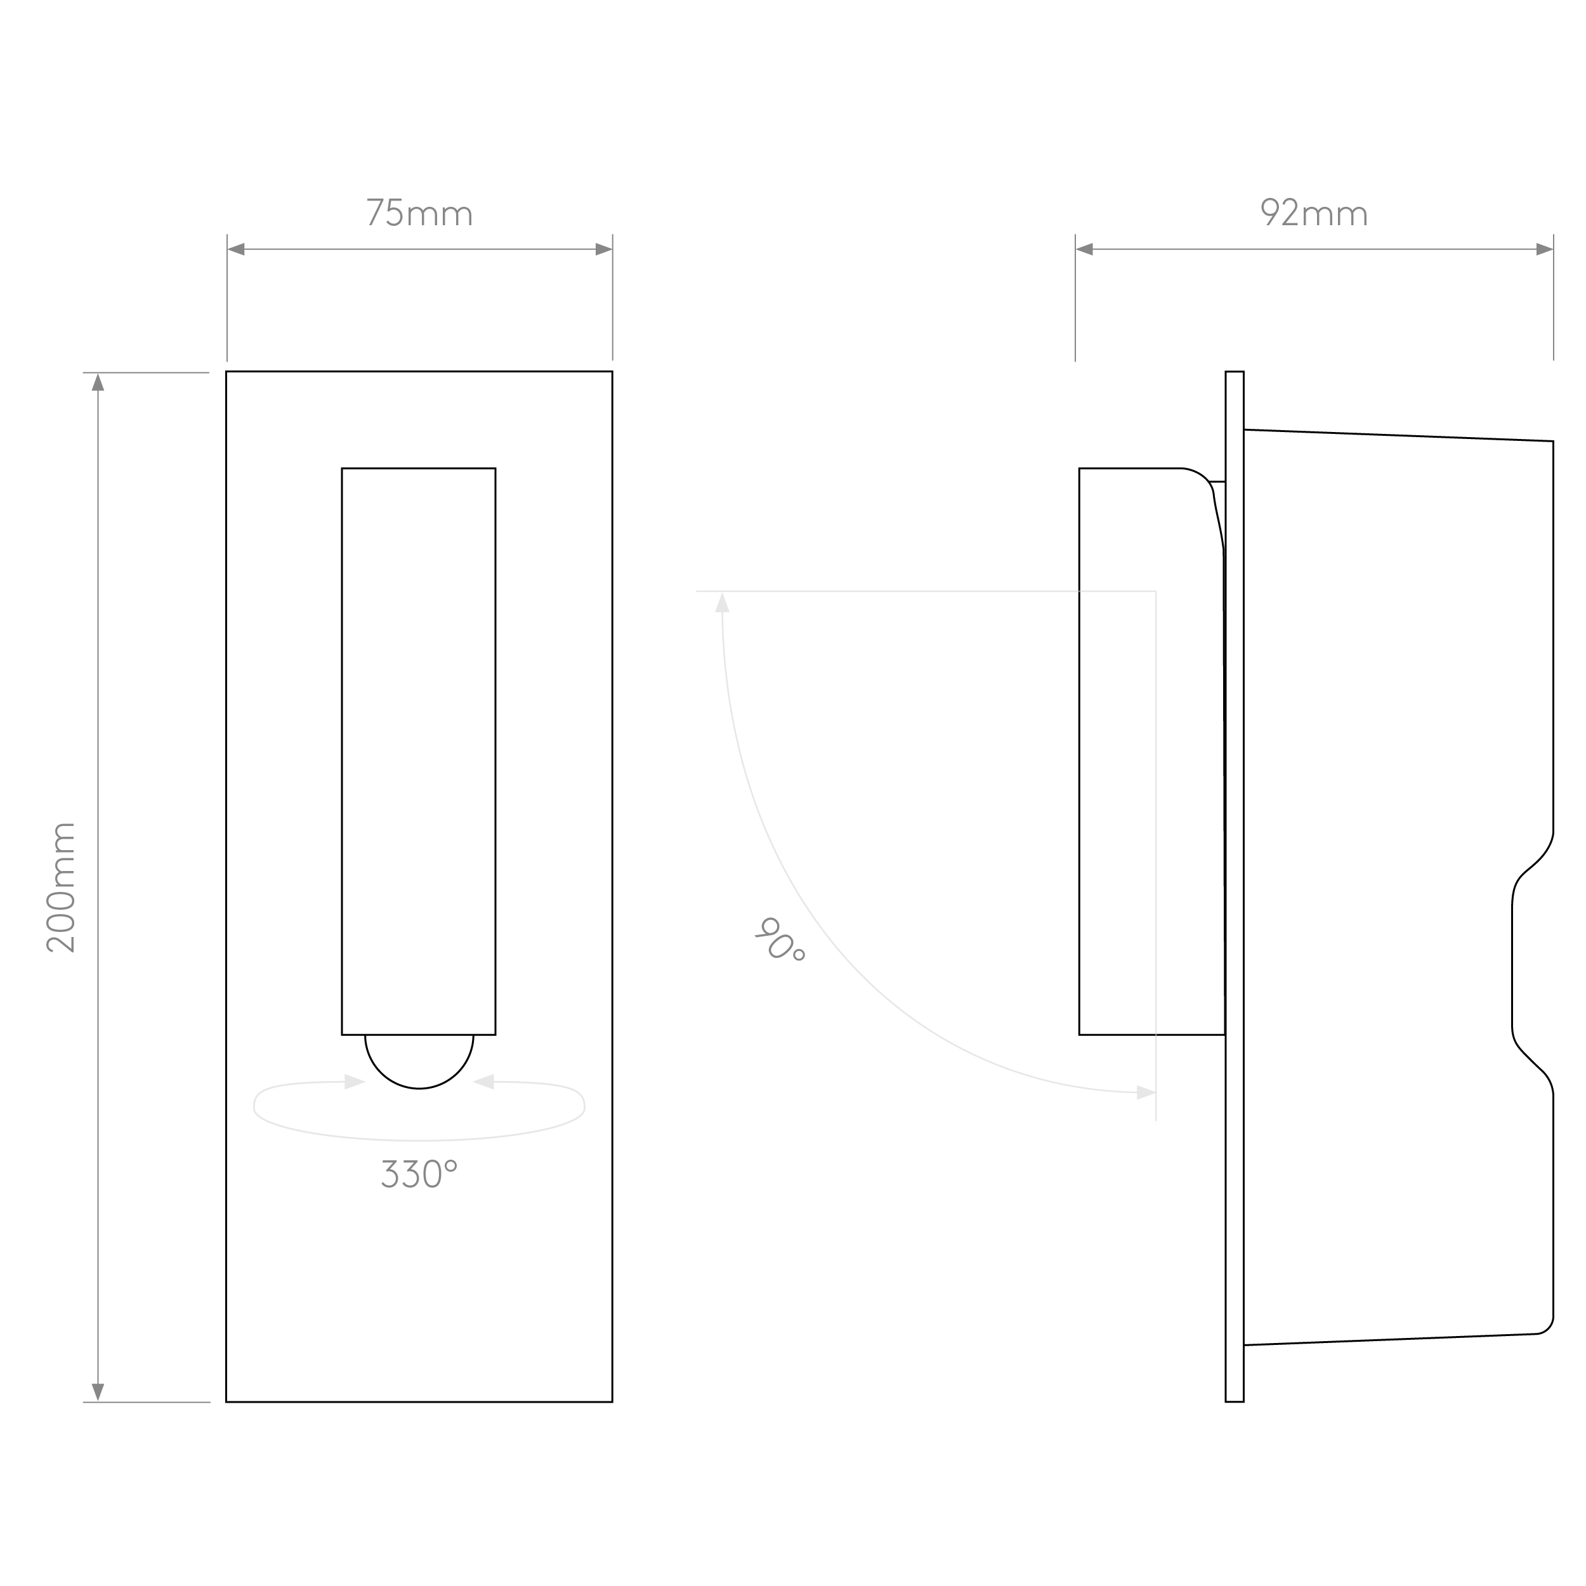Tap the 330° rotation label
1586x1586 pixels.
click(419, 1175)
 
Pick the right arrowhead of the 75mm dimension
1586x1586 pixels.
click(603, 249)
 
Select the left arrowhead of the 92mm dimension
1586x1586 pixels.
click(1084, 249)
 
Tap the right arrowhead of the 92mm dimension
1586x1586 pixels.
click(1544, 249)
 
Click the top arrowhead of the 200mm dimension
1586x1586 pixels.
click(98, 383)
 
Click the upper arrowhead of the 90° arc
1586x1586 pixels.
click(723, 603)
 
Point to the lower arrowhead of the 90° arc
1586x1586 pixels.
click(1146, 1092)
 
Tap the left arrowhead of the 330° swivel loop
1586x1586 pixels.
click(355, 1082)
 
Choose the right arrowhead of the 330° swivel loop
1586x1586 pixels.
click(484, 1082)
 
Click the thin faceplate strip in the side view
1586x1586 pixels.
click(1234, 887)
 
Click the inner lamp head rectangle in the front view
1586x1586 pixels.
click(419, 750)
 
